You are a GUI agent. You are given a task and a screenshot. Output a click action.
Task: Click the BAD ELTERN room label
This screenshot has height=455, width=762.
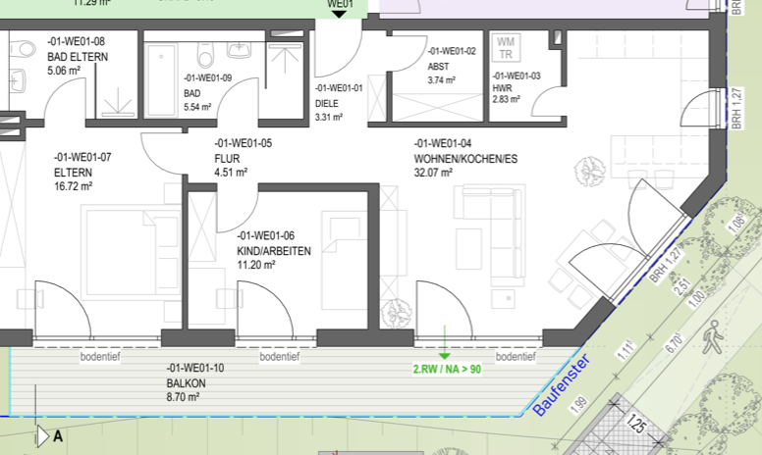click(x=78, y=57)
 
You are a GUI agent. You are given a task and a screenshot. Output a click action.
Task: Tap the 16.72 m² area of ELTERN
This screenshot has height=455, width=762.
click(x=73, y=185)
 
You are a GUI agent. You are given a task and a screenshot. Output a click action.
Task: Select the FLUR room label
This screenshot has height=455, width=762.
click(x=229, y=157)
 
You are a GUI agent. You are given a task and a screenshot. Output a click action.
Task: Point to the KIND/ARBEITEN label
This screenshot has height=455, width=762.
click(x=274, y=251)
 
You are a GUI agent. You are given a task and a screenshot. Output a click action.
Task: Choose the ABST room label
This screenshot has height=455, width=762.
click(x=438, y=67)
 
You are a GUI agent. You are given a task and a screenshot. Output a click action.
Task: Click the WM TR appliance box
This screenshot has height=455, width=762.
click(x=506, y=48)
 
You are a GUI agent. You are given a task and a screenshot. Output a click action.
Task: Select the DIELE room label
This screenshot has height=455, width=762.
click(x=327, y=102)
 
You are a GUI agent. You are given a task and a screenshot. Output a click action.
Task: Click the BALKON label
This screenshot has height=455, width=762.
click(x=187, y=382)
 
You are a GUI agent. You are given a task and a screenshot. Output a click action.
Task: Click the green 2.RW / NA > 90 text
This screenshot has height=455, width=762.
click(x=447, y=370)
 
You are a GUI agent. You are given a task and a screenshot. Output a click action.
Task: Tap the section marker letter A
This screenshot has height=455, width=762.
click(x=58, y=437)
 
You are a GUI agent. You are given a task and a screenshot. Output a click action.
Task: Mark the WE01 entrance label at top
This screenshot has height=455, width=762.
click(x=340, y=5)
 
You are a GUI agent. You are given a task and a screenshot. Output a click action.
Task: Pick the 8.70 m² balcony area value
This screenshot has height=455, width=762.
click(x=184, y=397)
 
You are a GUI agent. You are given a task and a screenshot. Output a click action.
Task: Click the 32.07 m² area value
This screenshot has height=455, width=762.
click(x=433, y=173)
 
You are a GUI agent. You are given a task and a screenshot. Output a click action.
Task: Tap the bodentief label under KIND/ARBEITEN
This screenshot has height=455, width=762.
click(x=279, y=358)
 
